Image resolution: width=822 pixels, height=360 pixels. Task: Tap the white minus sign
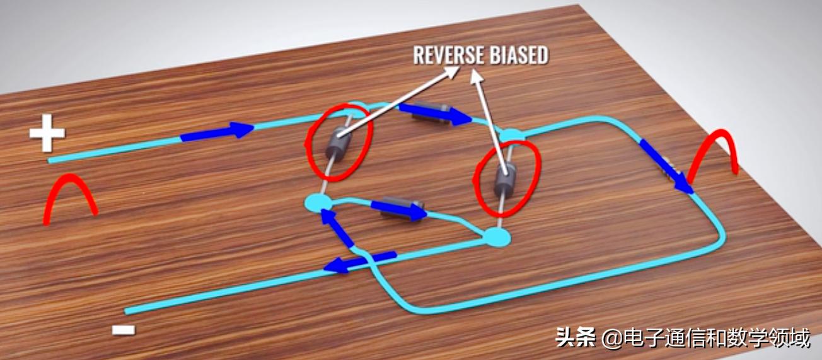click(123, 329)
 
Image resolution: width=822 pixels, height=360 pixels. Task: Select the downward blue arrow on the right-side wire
click(666, 166)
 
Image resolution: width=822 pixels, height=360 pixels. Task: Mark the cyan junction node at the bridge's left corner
click(316, 202)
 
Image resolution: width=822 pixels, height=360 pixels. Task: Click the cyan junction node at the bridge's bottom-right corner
click(495, 237)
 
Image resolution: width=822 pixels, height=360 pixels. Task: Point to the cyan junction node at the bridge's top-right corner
click(511, 135)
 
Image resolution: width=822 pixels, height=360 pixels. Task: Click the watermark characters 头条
click(575, 339)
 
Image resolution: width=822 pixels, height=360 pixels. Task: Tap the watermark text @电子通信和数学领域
click(705, 339)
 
